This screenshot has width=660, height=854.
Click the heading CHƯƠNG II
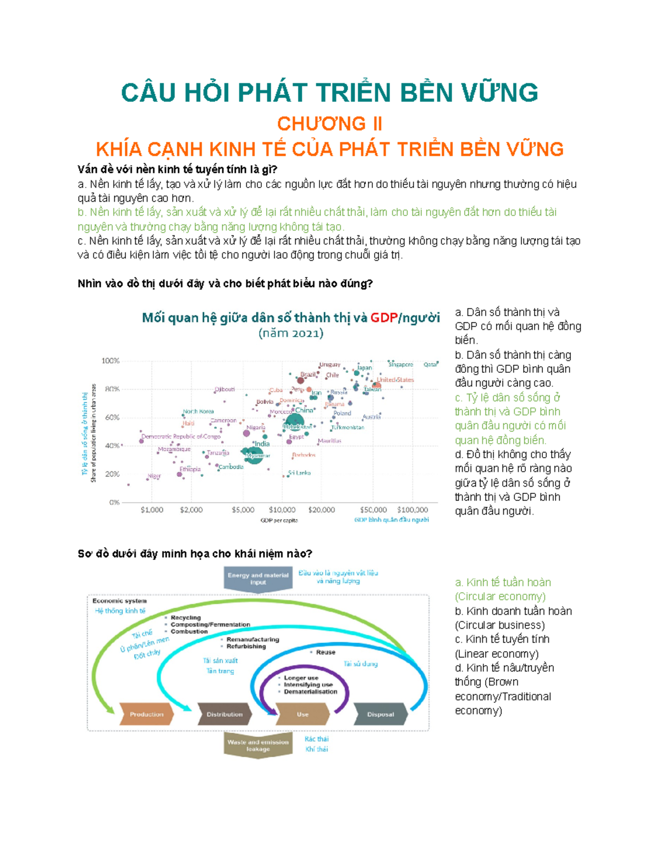pyautogui.click(x=329, y=124)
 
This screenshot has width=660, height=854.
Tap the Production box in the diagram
pyautogui.click(x=146, y=714)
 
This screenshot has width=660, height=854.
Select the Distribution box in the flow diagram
pyautogui.click(x=224, y=714)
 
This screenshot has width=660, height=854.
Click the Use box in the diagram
pyautogui.click(x=302, y=714)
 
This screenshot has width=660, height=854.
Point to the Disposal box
pyautogui.click(x=381, y=714)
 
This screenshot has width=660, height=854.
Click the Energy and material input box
pyautogui.click(x=258, y=578)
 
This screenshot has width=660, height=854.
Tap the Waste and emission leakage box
pyautogui.click(x=258, y=745)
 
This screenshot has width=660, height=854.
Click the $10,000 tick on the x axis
pyautogui.click(x=282, y=510)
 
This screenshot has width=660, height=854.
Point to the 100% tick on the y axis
pyautogui.click(x=111, y=361)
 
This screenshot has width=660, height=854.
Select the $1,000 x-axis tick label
pyautogui.click(x=152, y=510)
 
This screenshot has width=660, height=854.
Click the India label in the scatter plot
pyautogui.click(x=262, y=444)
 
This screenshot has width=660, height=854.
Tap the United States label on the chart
pyautogui.click(x=395, y=379)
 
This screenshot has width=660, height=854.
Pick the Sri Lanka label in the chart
pyautogui.click(x=300, y=472)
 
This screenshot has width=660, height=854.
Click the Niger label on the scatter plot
pyautogui.click(x=154, y=476)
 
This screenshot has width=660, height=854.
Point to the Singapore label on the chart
pyautogui.click(x=401, y=364)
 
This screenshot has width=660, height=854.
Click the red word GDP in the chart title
pyautogui.click(x=383, y=318)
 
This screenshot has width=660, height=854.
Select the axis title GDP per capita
pyautogui.click(x=279, y=520)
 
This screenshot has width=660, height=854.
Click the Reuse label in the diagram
pyautogui.click(x=326, y=652)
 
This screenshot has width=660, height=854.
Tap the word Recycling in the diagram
pyautogui.click(x=185, y=618)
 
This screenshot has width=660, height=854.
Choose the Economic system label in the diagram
pyautogui.click(x=119, y=601)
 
